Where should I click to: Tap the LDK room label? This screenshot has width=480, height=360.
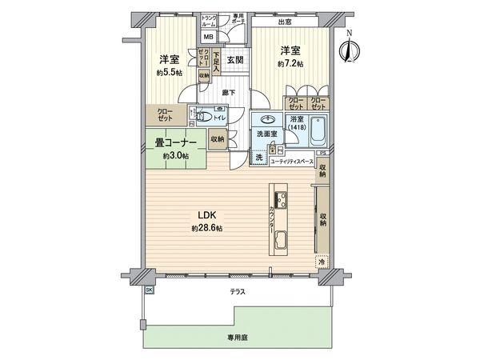pos(206,214)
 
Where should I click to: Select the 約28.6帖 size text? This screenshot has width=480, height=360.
pos(206,228)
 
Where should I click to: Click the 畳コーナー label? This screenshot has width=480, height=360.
pos(175,143)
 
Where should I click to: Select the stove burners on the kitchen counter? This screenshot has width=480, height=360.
pos(280,198)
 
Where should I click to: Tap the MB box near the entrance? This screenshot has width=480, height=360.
pos(207,37)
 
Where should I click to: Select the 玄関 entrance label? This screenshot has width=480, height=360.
pos(234,59)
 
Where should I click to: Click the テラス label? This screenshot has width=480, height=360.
pos(238,292)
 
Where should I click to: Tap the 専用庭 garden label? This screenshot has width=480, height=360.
pos(238,338)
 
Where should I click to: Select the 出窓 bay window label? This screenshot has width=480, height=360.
pos(285,22)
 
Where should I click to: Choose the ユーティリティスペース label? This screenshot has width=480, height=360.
pos(290,161)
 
